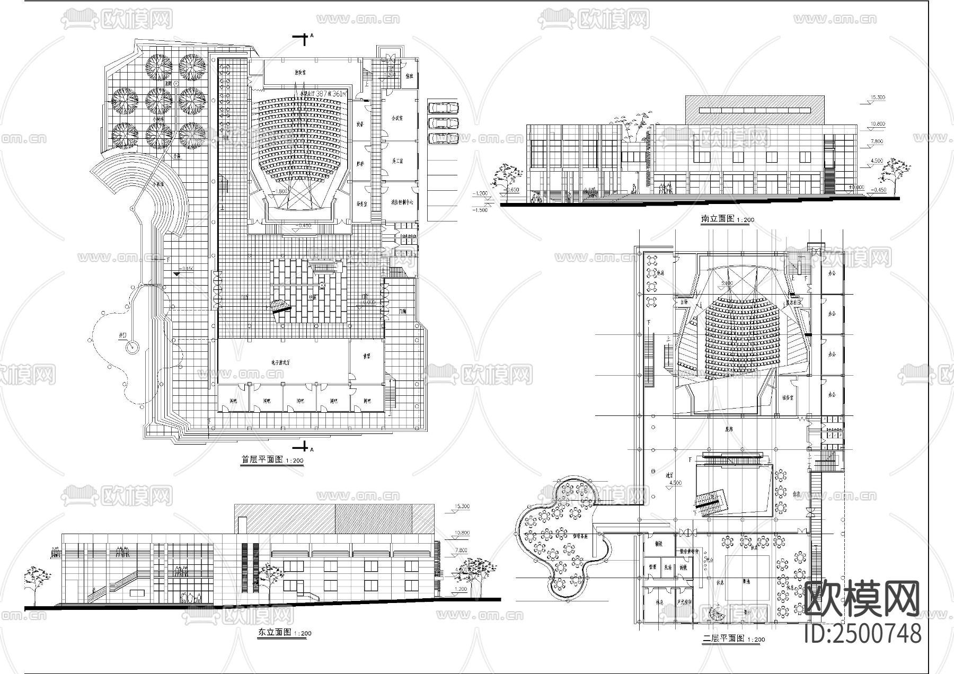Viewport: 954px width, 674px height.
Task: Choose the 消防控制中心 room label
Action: tap(401, 202)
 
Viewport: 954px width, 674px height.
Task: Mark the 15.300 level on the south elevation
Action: tap(880, 98)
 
